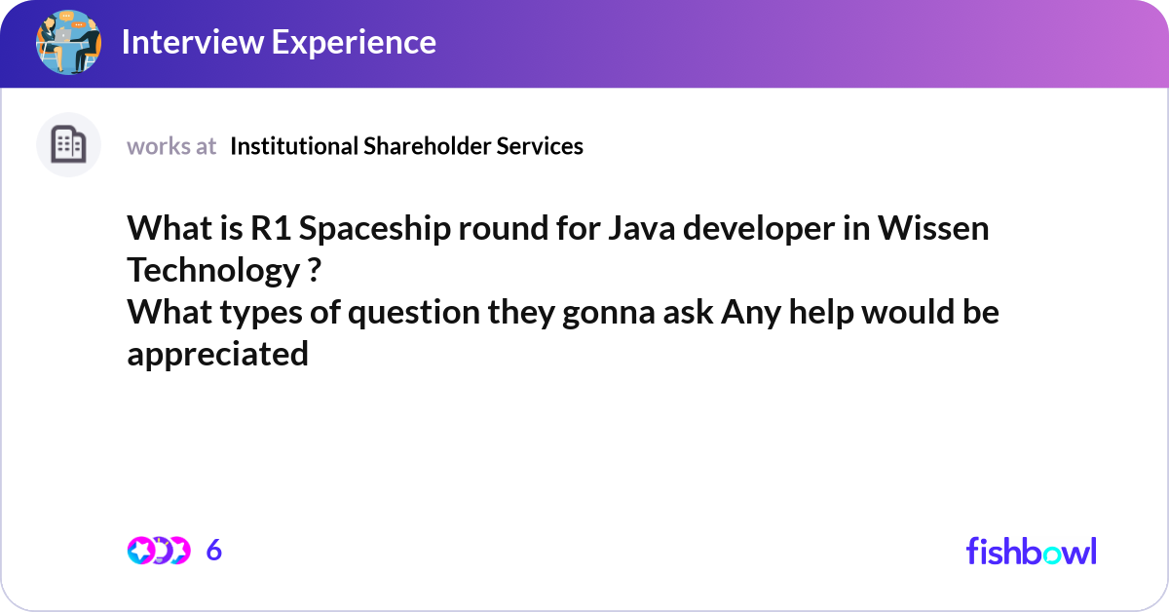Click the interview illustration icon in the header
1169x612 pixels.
(x=68, y=42)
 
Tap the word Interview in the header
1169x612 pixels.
(x=193, y=42)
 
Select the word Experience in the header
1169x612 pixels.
(x=354, y=43)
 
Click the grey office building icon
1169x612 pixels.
(x=68, y=144)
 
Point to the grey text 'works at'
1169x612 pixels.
(x=171, y=146)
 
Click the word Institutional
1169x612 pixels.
(x=293, y=146)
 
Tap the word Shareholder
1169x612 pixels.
(x=427, y=146)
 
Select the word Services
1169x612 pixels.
(x=540, y=146)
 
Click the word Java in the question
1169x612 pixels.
(x=641, y=228)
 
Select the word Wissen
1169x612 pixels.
(x=933, y=228)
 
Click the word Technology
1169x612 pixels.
(x=213, y=272)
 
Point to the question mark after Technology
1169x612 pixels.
(x=314, y=270)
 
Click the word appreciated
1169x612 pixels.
(x=217, y=355)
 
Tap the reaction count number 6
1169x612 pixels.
(x=214, y=551)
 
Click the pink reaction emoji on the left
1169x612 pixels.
(x=140, y=551)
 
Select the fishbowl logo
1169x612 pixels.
(x=1032, y=551)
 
